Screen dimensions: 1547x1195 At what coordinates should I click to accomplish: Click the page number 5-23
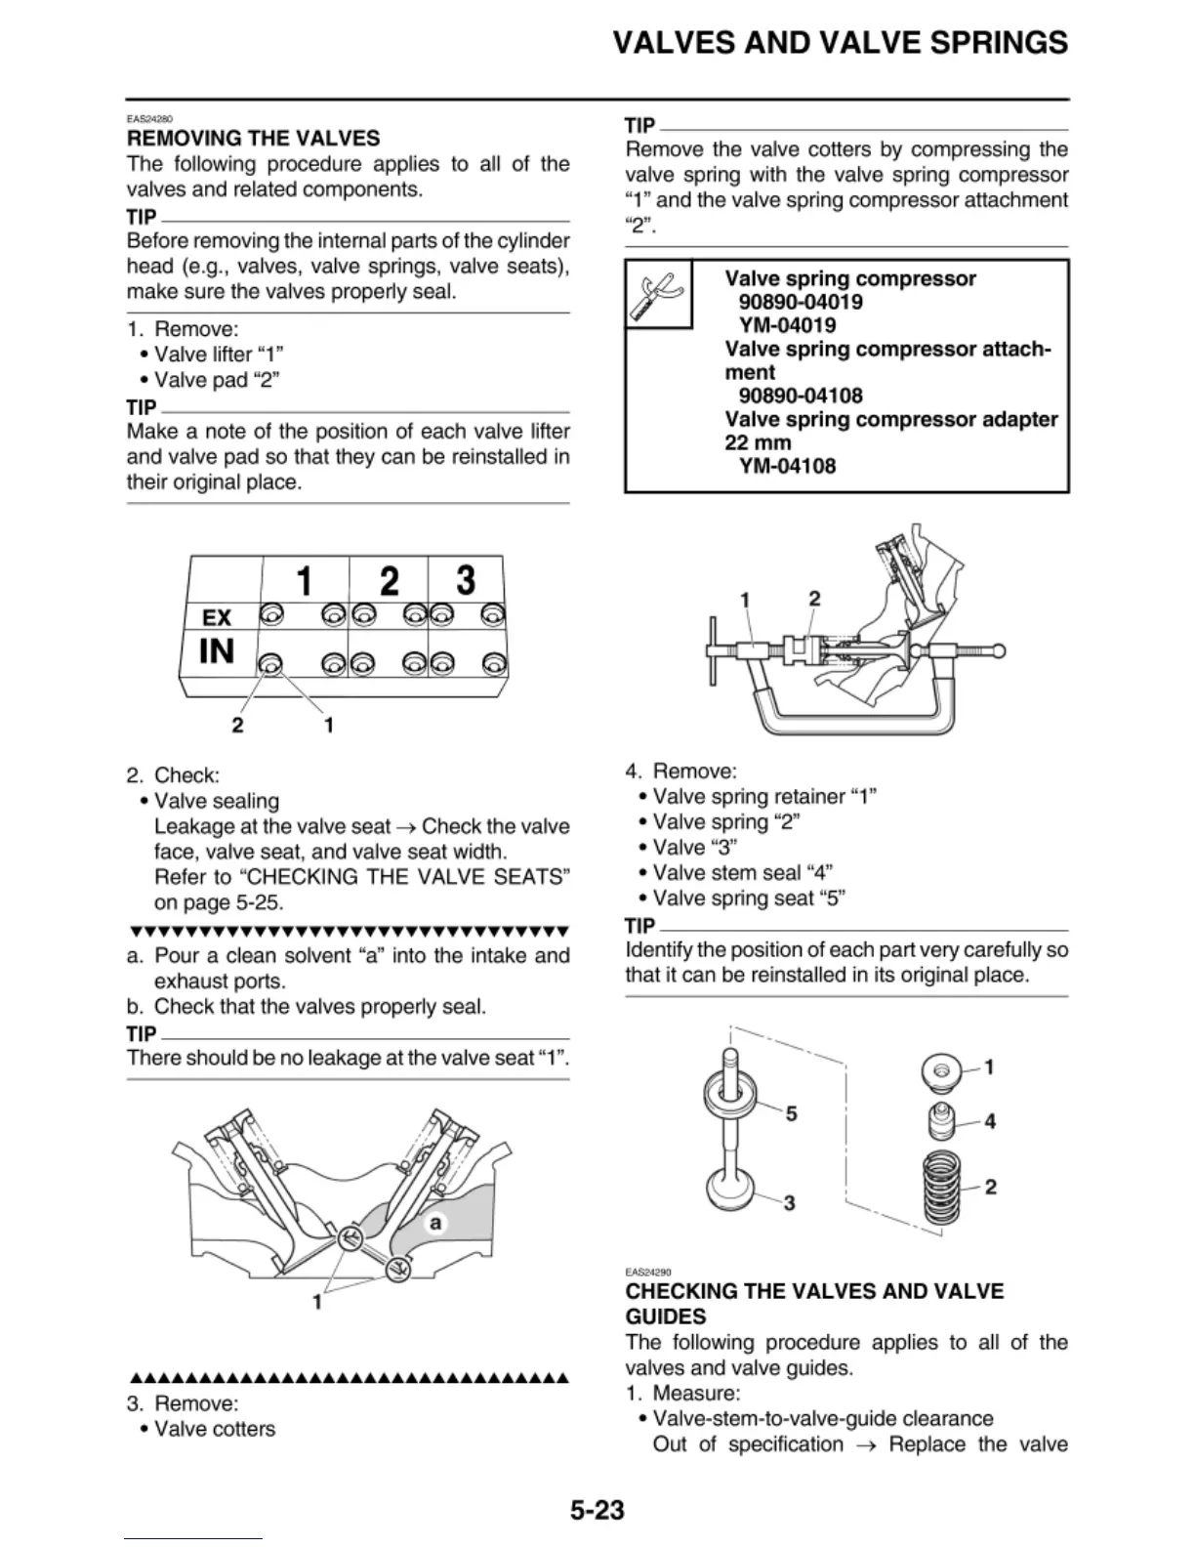[597, 1510]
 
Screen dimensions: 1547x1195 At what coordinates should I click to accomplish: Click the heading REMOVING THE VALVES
[254, 139]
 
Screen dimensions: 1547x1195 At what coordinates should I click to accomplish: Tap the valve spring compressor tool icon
[658, 294]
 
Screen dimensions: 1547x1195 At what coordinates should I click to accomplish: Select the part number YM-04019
[788, 325]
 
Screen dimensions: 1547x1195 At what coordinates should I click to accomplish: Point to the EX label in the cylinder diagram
[217, 617]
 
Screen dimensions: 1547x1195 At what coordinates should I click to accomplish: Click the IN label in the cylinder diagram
[217, 650]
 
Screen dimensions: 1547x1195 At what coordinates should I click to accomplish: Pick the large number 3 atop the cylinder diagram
[466, 579]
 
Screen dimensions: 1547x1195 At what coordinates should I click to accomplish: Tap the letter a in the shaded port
[435, 1223]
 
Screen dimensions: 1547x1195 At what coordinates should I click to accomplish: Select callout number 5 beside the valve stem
[791, 1113]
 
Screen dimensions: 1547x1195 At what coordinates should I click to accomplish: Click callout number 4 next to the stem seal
[990, 1122]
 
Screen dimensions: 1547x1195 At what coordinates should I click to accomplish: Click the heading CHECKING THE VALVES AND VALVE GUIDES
[814, 1304]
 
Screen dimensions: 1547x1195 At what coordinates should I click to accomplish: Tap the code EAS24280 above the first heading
[149, 119]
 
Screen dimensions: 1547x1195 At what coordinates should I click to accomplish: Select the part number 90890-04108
[801, 396]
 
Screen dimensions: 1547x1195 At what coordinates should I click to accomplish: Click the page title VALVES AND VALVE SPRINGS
[840, 43]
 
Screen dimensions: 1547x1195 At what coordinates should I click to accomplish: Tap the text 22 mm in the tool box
[758, 442]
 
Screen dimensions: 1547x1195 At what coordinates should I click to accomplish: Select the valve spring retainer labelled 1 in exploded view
[941, 1071]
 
